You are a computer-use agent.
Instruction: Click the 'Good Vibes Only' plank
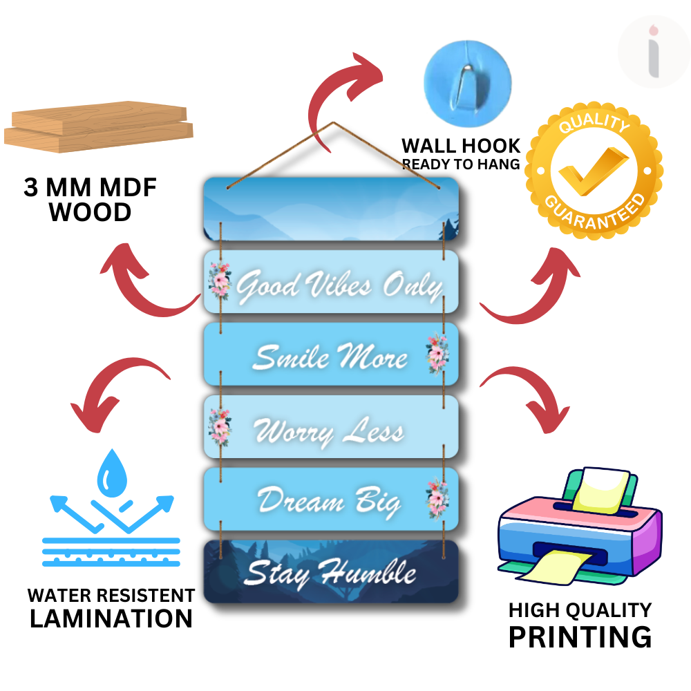point(332,283)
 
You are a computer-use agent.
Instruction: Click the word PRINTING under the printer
point(580,636)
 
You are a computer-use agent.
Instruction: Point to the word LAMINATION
point(111,618)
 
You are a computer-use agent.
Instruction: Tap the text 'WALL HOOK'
point(461,146)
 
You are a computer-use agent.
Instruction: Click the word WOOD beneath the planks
point(90,212)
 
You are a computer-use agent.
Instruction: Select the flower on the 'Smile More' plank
point(437,353)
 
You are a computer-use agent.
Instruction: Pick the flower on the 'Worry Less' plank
point(220,426)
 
